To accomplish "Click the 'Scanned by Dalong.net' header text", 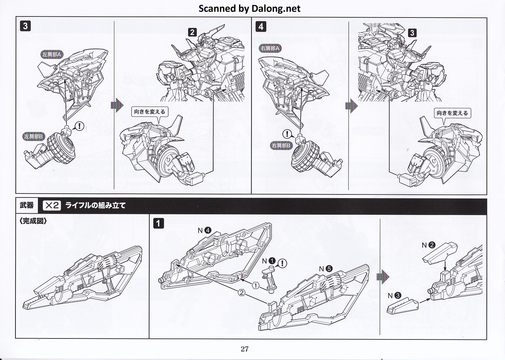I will (x=249, y=8).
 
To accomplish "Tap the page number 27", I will (x=244, y=349).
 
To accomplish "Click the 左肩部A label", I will (x=52, y=54).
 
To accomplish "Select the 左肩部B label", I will (x=34, y=137).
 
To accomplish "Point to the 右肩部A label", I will (x=270, y=48).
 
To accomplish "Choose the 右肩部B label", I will (x=281, y=146).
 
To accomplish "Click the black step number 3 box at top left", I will (x=25, y=26).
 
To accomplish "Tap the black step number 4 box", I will (x=261, y=26).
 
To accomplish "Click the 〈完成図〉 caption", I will (x=33, y=221).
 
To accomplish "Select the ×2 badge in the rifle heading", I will (x=52, y=205).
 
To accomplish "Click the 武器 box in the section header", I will (x=27, y=205).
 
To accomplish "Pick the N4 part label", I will (x=204, y=230).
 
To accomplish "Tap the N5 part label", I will (x=325, y=268).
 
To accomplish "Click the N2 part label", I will (x=428, y=245).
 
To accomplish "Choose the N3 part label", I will (x=394, y=295).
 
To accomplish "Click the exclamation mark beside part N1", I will (x=282, y=263).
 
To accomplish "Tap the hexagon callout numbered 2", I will (x=241, y=292).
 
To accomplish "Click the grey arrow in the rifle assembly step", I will (x=383, y=277).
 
